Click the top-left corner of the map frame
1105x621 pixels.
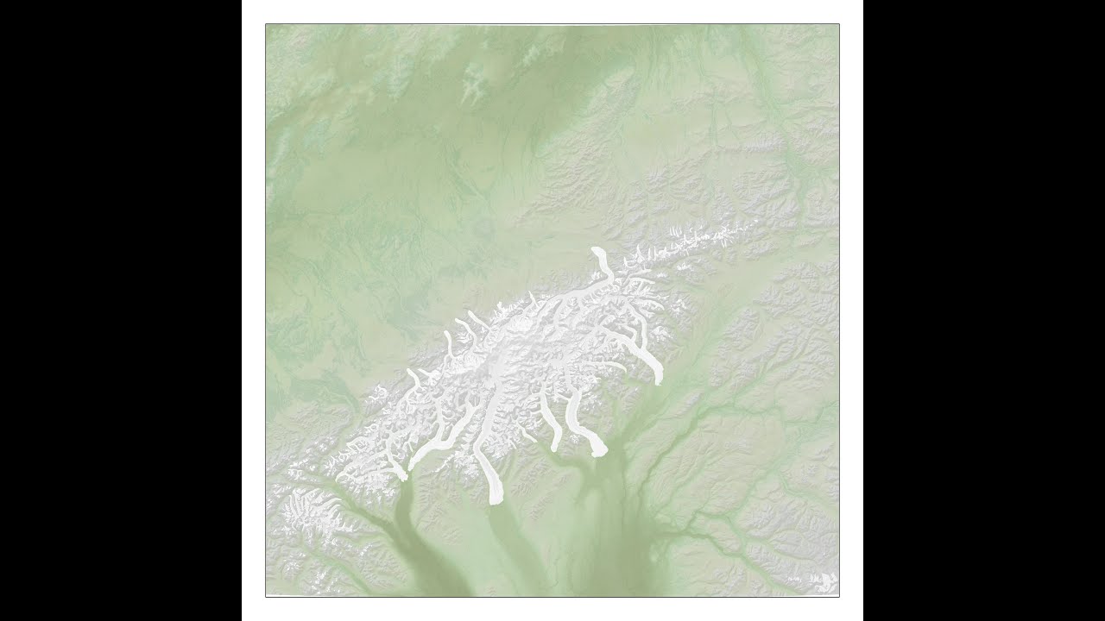266,24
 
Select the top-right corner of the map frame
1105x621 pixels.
839,24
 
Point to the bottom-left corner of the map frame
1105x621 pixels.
266,596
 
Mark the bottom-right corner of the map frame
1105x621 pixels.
839,596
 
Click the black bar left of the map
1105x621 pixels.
121,310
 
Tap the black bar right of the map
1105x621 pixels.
984,310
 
